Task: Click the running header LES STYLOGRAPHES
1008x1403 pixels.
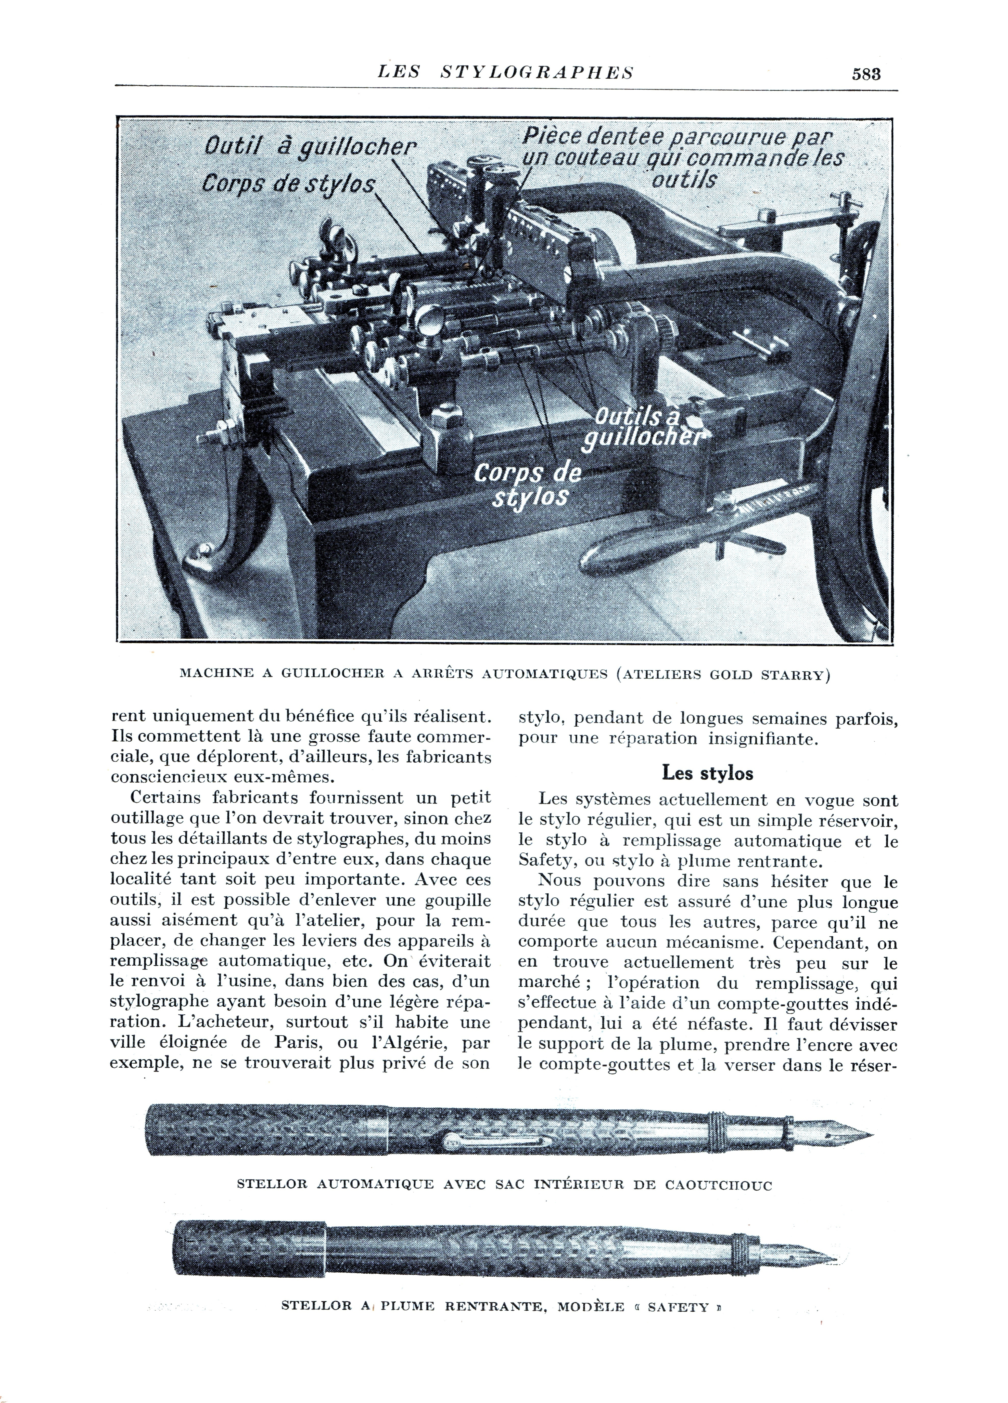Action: pyautogui.click(x=506, y=72)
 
